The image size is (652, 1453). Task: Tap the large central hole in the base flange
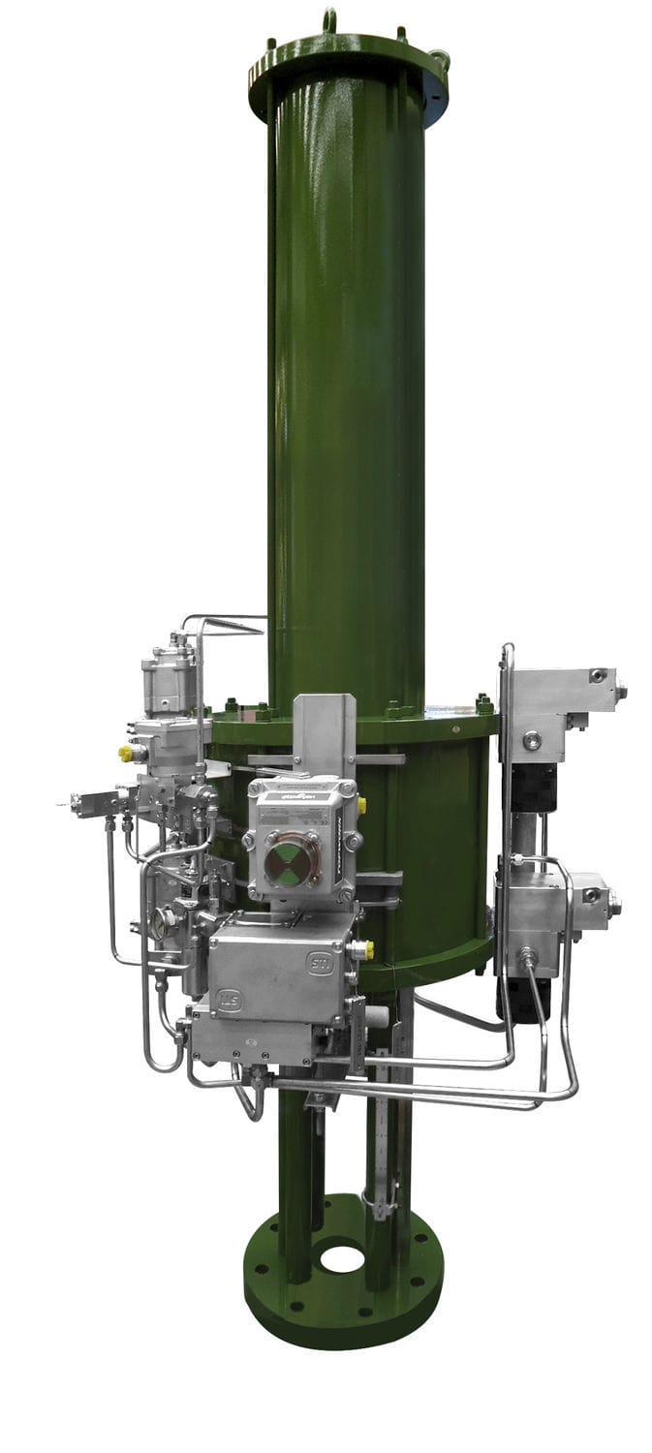point(342,1259)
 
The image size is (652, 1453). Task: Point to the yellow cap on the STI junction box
point(366,950)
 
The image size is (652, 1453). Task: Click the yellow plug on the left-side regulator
point(126,753)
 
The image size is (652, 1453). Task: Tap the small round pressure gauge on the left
point(165,920)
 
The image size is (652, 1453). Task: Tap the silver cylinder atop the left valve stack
point(169,683)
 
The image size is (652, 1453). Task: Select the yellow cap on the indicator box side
point(361,804)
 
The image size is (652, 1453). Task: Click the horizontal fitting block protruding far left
point(97,802)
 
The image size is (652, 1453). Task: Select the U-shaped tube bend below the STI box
point(249,1104)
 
